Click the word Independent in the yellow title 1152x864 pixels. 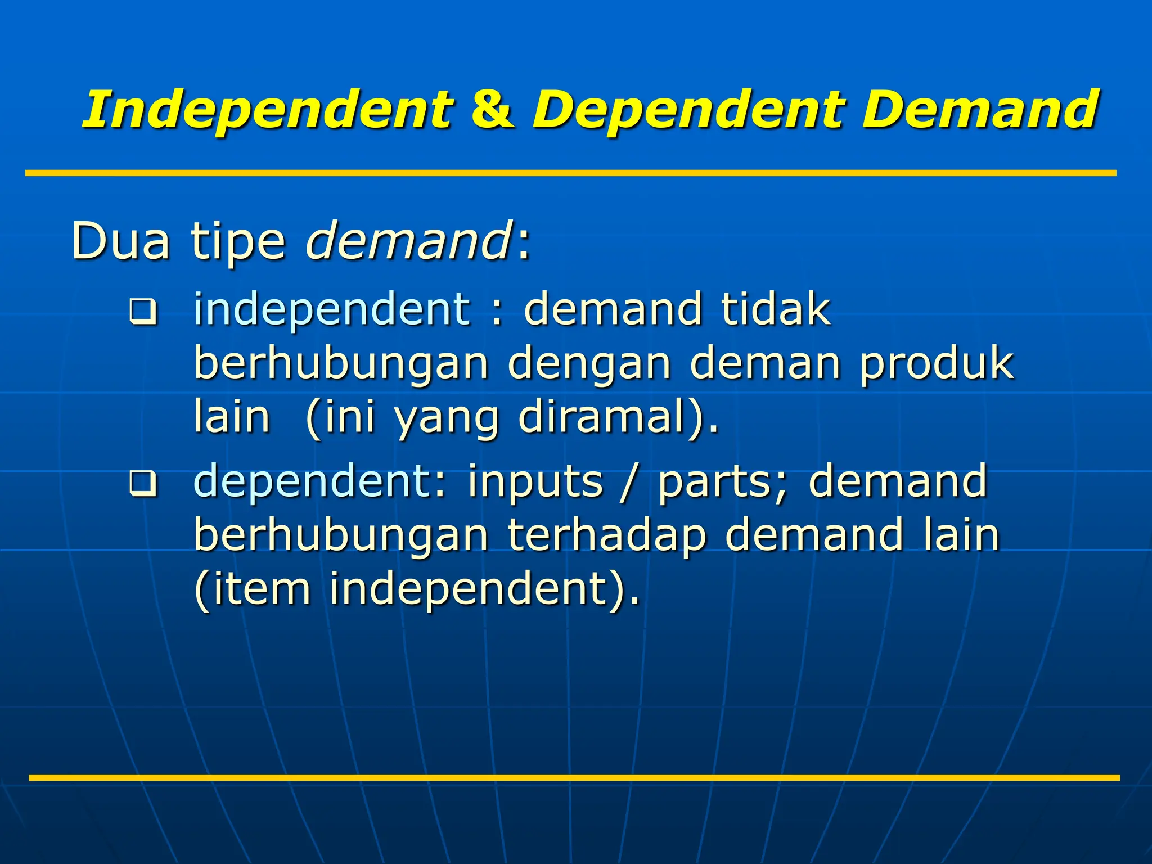pos(267,110)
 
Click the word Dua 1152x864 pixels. pos(120,241)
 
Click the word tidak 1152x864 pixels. pos(776,309)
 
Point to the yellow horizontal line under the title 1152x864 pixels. pos(570,173)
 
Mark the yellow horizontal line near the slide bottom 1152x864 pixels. pos(574,778)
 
